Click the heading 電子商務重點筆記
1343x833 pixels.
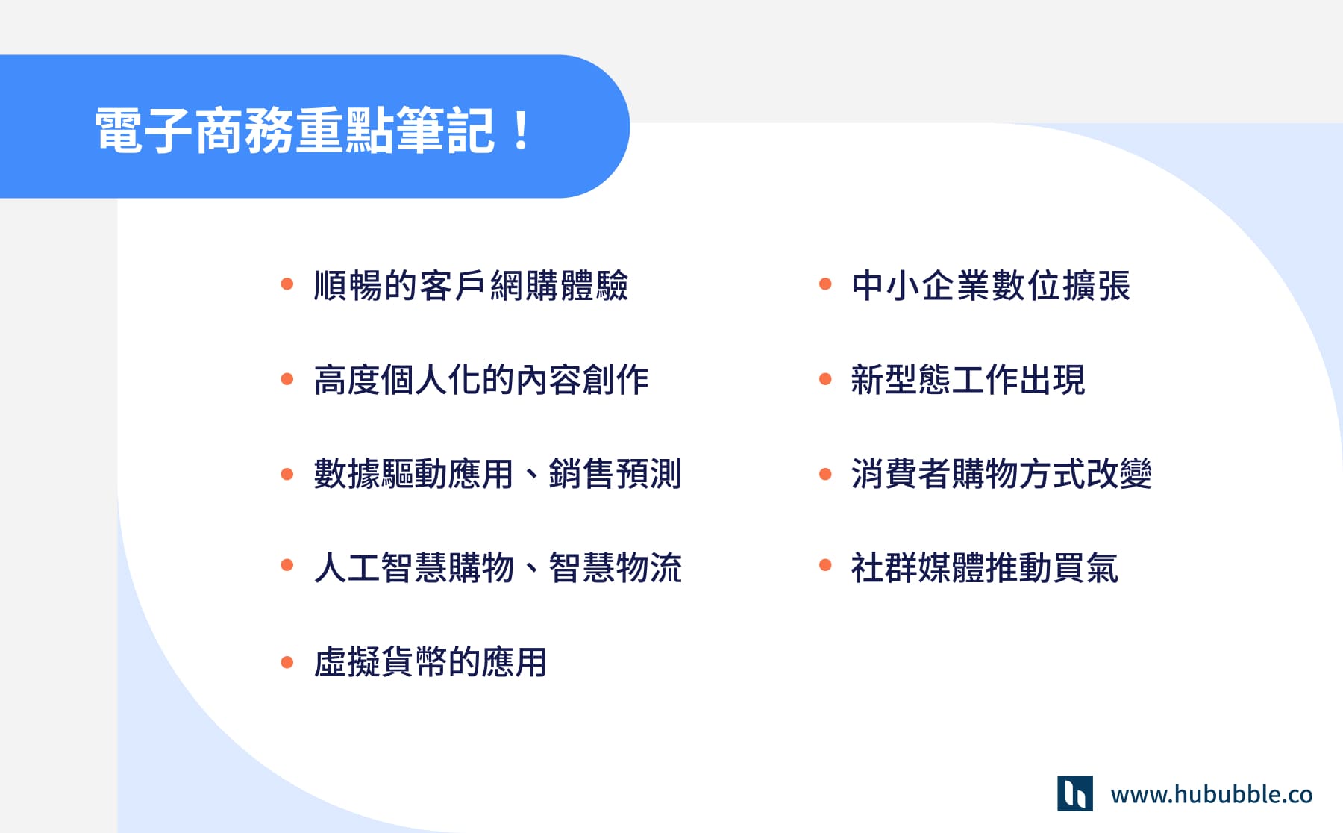pyautogui.click(x=295, y=131)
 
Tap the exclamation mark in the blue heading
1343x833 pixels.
pyautogui.click(x=522, y=131)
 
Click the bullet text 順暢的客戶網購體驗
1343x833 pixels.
pyautogui.click(x=471, y=285)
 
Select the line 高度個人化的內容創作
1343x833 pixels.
pyautogui.click(x=481, y=380)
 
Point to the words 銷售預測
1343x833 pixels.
pyautogui.click(x=615, y=474)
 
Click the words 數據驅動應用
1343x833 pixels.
pyautogui.click(x=413, y=474)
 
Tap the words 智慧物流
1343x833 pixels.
pyautogui.click(x=615, y=567)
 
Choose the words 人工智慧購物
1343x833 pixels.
pyautogui.click(x=413, y=567)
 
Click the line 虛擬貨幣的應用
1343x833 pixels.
pyautogui.click(x=431, y=662)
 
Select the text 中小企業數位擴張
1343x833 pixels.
pyautogui.click(x=990, y=285)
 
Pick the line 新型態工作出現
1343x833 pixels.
pyautogui.click(x=968, y=380)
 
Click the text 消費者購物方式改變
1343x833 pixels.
pyautogui.click(x=1001, y=474)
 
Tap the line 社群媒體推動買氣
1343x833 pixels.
pyautogui.click(x=984, y=567)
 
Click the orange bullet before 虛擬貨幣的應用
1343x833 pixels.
pyautogui.click(x=287, y=662)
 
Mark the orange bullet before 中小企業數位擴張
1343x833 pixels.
pyautogui.click(x=825, y=284)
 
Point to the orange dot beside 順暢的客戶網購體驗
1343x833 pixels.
pyautogui.click(x=287, y=284)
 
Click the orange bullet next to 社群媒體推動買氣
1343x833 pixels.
pyautogui.click(x=825, y=565)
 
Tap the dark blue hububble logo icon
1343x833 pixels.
pyautogui.click(x=1074, y=793)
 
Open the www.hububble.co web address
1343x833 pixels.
pyautogui.click(x=1212, y=794)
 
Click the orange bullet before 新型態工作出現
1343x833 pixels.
pyautogui.click(x=825, y=379)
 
